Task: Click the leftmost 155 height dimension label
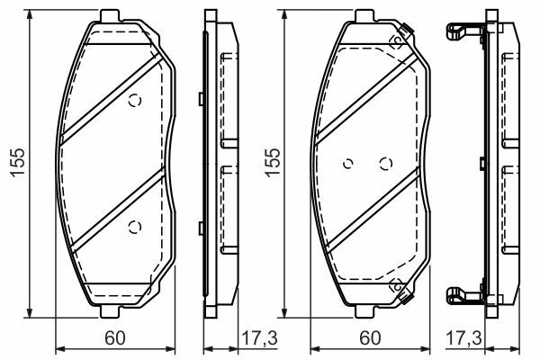18,163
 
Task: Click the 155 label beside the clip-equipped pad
273,163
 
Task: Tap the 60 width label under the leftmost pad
115,338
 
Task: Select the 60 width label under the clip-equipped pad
370,338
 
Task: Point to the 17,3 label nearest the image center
259,338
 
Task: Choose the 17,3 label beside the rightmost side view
463,338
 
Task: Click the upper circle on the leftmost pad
135,101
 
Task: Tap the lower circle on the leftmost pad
135,227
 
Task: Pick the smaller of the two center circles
348,164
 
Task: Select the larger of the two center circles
386,164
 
